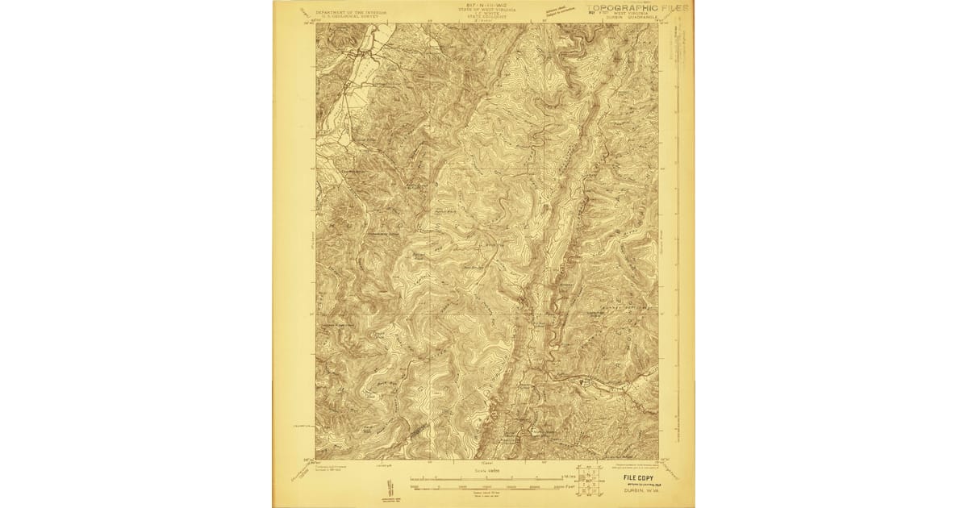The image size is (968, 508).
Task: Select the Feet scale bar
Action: (484, 485)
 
